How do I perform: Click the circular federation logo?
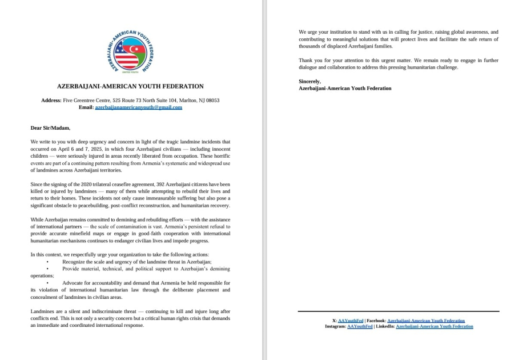click(130, 52)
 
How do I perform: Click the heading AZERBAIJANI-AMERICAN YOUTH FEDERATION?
click(130, 86)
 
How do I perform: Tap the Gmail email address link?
click(138, 107)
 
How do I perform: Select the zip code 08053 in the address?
click(212, 101)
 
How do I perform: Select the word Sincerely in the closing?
click(309, 82)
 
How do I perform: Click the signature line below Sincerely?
click(345, 88)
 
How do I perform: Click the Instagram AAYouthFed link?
click(359, 326)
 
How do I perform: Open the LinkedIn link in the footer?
click(434, 326)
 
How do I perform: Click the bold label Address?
click(54, 101)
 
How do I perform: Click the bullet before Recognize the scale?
click(47, 261)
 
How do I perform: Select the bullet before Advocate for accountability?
click(47, 283)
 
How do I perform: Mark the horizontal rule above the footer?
click(399, 311)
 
